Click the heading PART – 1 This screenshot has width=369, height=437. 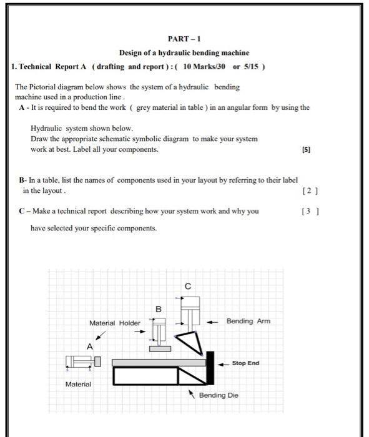point(184,37)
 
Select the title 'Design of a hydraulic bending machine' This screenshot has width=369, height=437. point(184,52)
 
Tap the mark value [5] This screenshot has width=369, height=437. point(305,150)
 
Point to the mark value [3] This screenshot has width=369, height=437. point(308,211)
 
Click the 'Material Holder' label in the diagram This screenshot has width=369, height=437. point(115,323)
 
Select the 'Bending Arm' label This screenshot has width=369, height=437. point(248,321)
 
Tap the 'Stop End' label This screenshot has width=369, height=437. point(245,363)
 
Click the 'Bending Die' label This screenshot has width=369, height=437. point(219,395)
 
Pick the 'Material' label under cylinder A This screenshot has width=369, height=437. point(78,385)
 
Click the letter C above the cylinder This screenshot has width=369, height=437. point(188,287)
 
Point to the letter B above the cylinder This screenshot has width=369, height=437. point(159,308)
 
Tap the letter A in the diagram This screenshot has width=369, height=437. point(90,346)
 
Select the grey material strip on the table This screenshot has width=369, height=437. point(159,362)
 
